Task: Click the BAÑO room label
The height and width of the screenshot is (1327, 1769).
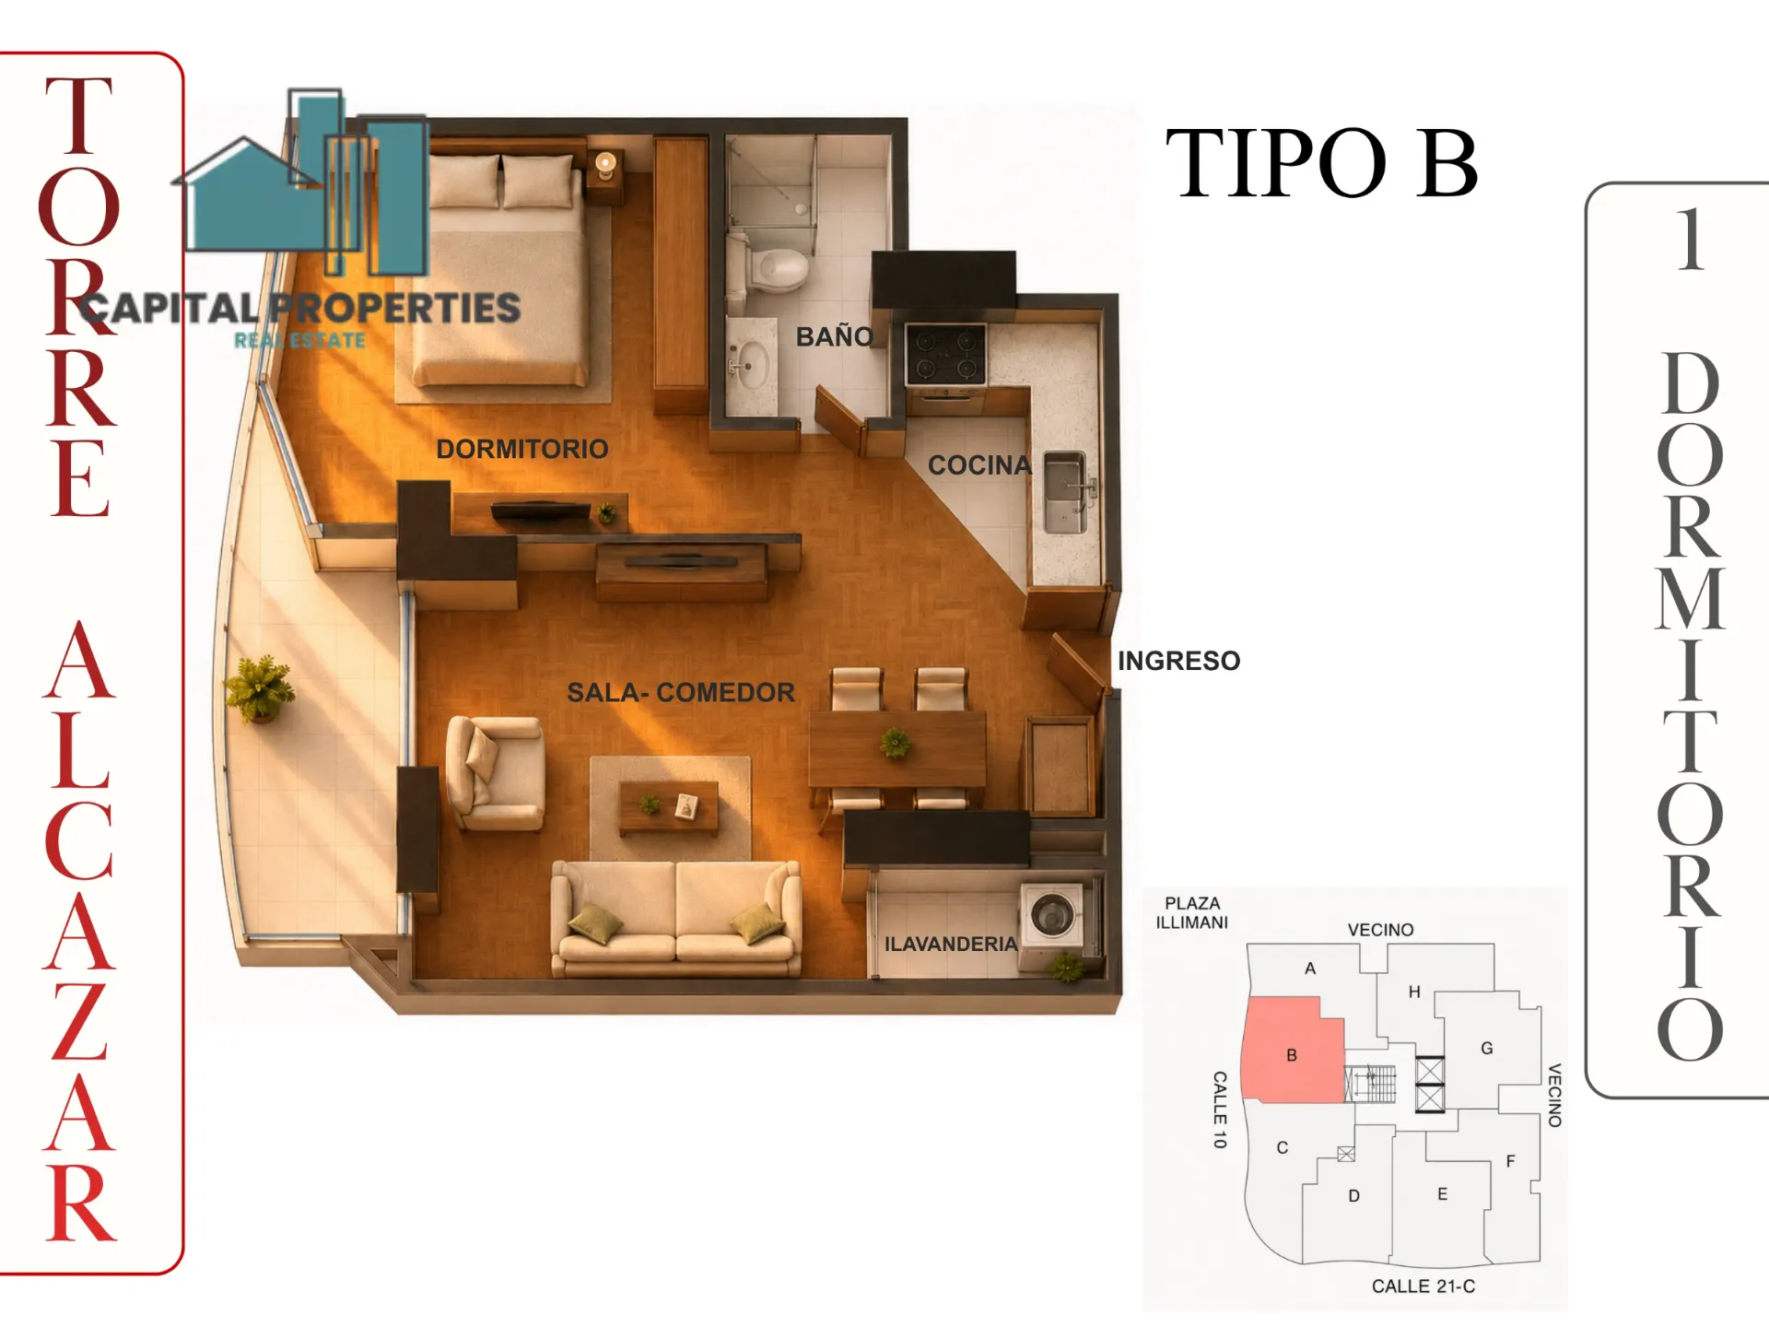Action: point(835,336)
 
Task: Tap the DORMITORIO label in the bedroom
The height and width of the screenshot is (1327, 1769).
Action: point(522,449)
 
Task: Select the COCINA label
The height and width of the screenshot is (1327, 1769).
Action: point(979,465)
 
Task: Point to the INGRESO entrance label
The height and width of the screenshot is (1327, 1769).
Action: point(1178,661)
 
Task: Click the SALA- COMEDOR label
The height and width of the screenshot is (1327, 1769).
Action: point(680,692)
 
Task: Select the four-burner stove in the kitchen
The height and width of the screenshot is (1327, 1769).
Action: point(945,354)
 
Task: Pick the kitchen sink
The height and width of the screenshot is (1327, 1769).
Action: point(1064,493)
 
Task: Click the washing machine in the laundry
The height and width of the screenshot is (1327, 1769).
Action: point(1052,914)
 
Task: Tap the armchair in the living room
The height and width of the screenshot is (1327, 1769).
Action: point(493,772)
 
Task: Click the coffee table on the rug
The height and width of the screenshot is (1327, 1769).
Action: point(669,807)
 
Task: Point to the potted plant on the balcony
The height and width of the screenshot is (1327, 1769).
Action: point(260,687)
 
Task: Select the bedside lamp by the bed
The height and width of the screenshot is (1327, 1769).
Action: point(605,165)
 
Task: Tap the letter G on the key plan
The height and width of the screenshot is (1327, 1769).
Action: point(1486,1048)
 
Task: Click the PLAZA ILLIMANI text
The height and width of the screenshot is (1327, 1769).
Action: point(1192,912)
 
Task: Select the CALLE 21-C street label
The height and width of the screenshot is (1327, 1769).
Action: point(1423,1286)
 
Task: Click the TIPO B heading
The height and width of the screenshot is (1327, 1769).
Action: point(1322,164)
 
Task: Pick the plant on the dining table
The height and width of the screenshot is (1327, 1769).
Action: point(895,741)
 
